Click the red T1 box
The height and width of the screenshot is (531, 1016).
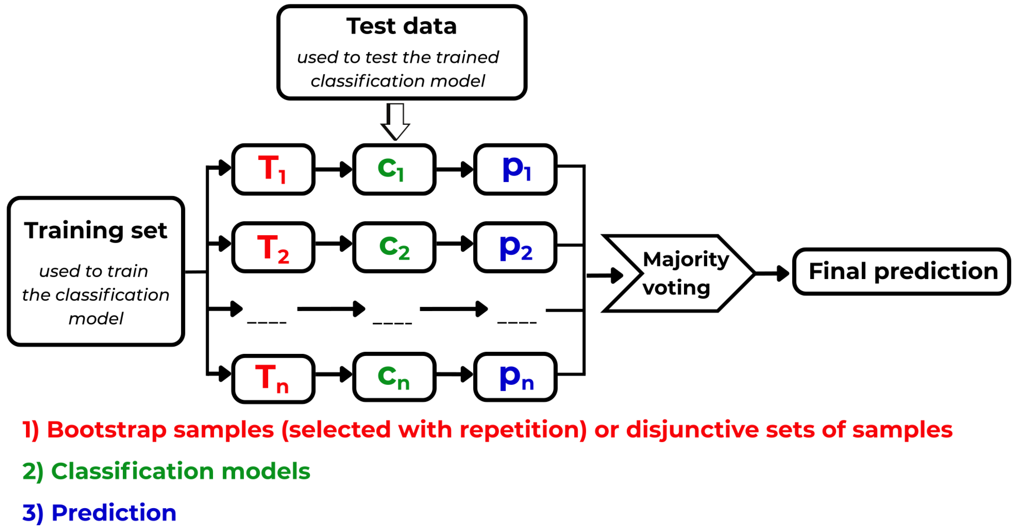pyautogui.click(x=273, y=169)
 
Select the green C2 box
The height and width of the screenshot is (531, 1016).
pyautogui.click(x=394, y=247)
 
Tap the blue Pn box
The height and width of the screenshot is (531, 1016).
pyautogui.click(x=516, y=377)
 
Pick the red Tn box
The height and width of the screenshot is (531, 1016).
pyautogui.click(x=273, y=378)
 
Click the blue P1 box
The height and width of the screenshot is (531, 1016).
pyautogui.click(x=516, y=169)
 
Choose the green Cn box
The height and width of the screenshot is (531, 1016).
pyautogui.click(x=394, y=377)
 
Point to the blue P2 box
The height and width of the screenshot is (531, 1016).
pyautogui.click(x=516, y=247)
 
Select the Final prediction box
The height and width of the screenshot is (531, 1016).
pyautogui.click(x=902, y=271)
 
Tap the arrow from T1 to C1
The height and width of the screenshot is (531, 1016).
pyautogui.click(x=334, y=169)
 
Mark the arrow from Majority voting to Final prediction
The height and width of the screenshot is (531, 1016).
pyautogui.click(x=772, y=273)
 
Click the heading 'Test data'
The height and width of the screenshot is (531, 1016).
pyautogui.click(x=401, y=26)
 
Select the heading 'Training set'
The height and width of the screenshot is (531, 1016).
pyautogui.click(x=95, y=230)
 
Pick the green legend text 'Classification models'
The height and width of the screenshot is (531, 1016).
pyautogui.click(x=181, y=471)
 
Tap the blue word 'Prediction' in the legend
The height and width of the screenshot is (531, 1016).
pyautogui.click(x=114, y=512)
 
